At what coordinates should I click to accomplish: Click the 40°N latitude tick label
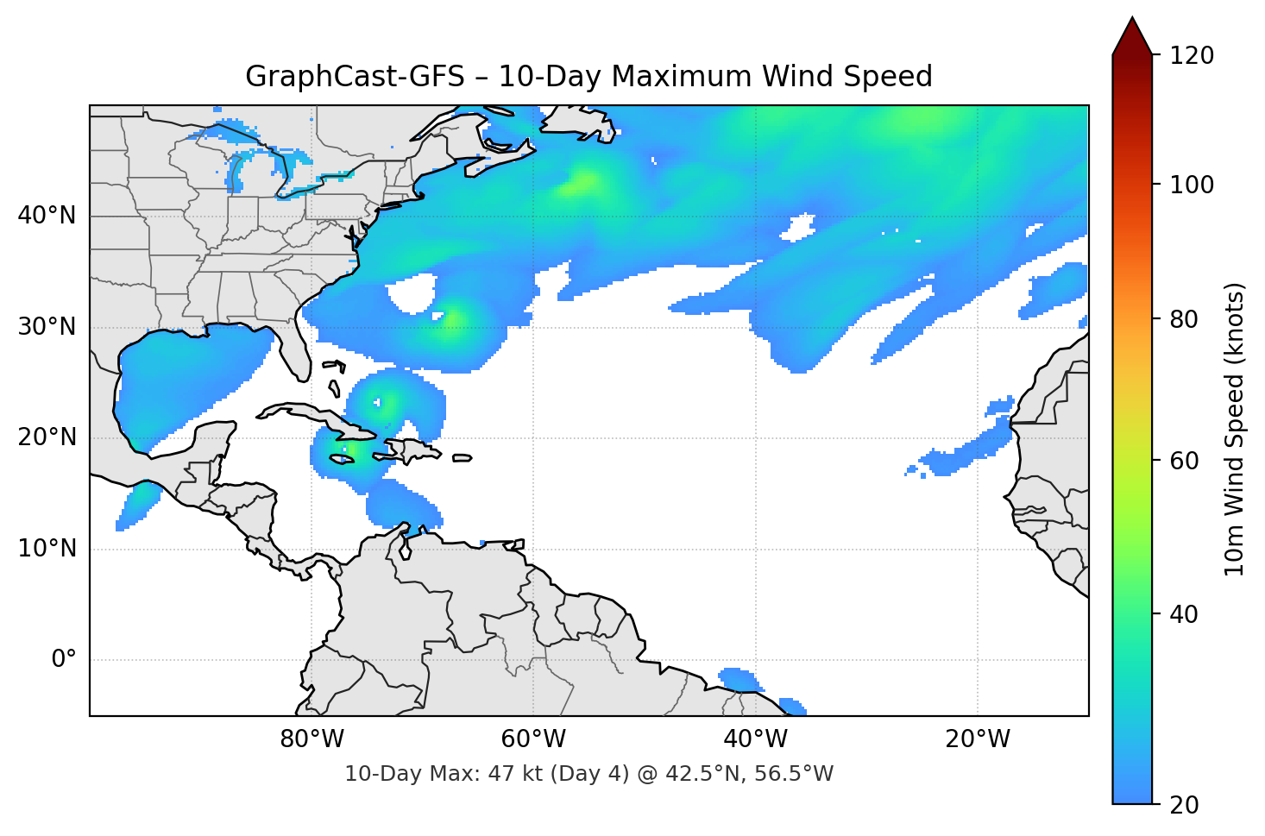pos(47,216)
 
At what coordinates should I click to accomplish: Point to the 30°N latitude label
pos(47,327)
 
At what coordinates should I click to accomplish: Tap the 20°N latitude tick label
pos(47,437)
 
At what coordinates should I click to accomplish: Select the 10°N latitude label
pos(47,549)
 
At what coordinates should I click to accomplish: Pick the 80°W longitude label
pos(312,739)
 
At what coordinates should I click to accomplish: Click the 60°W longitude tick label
pos(533,739)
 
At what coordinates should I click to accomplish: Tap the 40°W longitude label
pos(755,739)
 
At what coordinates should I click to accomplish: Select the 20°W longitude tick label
pos(978,739)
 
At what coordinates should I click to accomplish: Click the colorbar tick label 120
pos(1192,56)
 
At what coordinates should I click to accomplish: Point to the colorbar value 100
pos(1192,185)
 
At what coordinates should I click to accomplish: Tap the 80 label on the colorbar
pos(1184,319)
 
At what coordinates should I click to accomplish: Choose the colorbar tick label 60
pos(1184,461)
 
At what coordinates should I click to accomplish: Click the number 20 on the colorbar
pos(1184,805)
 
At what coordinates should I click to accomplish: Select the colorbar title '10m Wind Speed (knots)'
pos(1235,429)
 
